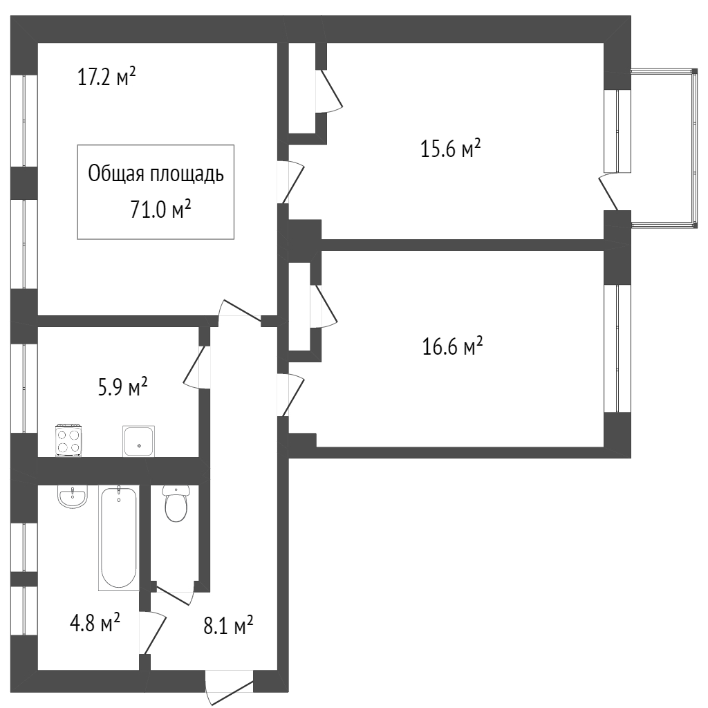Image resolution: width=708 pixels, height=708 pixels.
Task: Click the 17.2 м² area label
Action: (x=106, y=77)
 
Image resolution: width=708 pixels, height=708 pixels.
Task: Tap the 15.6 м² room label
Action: (x=451, y=149)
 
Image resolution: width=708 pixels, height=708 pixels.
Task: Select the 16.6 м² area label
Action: (x=452, y=346)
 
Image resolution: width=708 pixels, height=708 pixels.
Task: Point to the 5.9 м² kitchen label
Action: (x=123, y=387)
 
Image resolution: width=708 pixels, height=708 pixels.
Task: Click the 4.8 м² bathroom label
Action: (x=95, y=623)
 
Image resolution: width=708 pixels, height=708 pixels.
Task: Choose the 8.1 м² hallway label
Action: (x=228, y=625)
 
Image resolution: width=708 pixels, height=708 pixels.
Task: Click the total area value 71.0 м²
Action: (x=160, y=209)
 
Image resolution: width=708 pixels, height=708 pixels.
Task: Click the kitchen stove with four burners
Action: (x=68, y=440)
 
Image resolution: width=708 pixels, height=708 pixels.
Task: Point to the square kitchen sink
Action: (x=138, y=441)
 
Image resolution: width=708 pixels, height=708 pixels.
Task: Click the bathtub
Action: (x=118, y=538)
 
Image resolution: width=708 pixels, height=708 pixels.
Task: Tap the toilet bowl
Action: (x=176, y=504)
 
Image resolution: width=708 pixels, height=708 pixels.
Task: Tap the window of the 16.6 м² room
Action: (x=617, y=348)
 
